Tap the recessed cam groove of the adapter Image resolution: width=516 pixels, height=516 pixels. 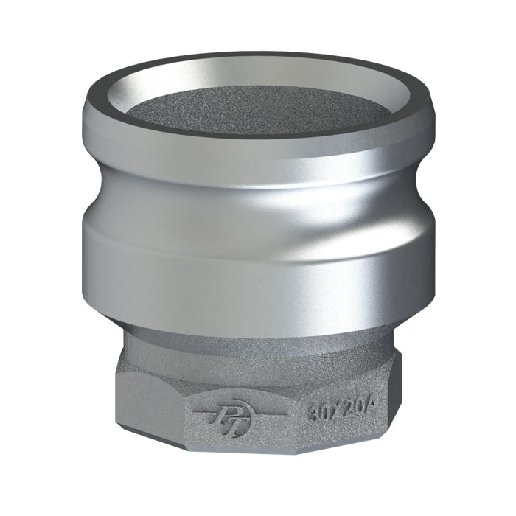[x=258, y=195]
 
